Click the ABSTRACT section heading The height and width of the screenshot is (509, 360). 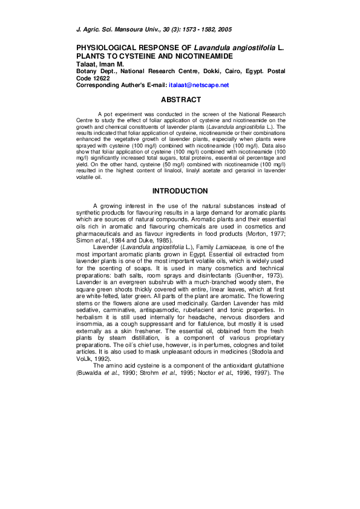pos(181,100)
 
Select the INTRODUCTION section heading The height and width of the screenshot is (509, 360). pos(180,191)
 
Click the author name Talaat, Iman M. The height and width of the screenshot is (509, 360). pos(102,63)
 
